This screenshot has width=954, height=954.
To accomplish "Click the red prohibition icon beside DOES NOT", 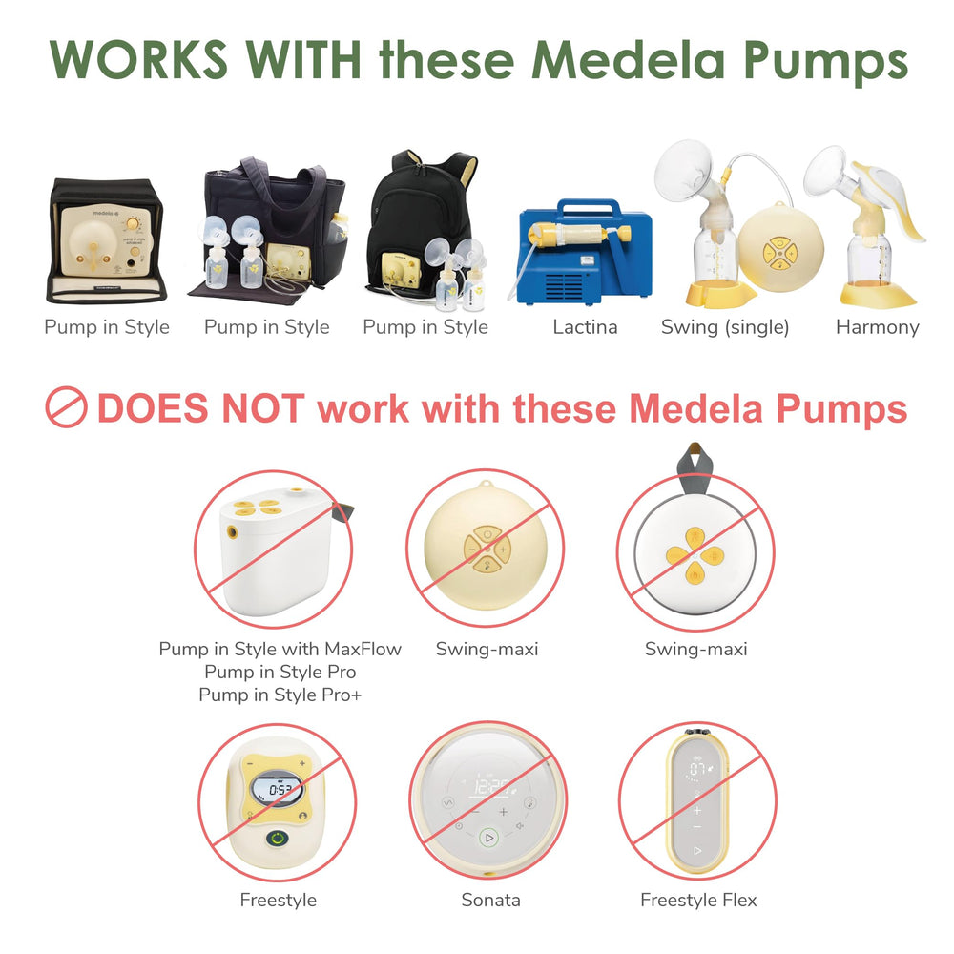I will coord(67,408).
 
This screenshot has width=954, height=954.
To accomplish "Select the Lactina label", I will coord(585,327).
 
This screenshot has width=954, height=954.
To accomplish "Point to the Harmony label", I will coord(877,327).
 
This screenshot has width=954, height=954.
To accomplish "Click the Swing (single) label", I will coord(725,327).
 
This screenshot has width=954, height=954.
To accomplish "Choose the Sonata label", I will coord(490,900).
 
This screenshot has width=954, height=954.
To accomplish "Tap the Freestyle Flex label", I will coord(698,900).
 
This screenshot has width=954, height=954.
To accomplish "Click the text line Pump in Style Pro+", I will coord(280,695).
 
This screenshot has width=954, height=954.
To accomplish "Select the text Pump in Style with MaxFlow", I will coord(280,649).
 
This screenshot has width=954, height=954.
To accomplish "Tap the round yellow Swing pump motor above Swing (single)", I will coord(778,252).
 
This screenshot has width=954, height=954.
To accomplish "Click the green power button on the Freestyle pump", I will coord(277,840).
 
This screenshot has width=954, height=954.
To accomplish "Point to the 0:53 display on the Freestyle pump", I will coord(279,791).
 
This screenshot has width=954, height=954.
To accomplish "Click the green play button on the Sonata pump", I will coord(488,838).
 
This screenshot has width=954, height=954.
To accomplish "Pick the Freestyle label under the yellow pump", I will coord(278,900).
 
